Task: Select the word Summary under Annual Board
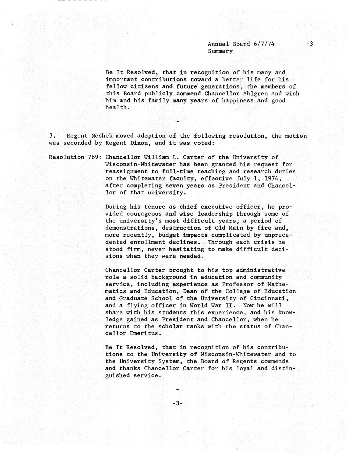click(x=220, y=51)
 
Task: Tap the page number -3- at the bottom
click(x=177, y=404)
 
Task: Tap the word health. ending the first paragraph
click(x=117, y=108)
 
